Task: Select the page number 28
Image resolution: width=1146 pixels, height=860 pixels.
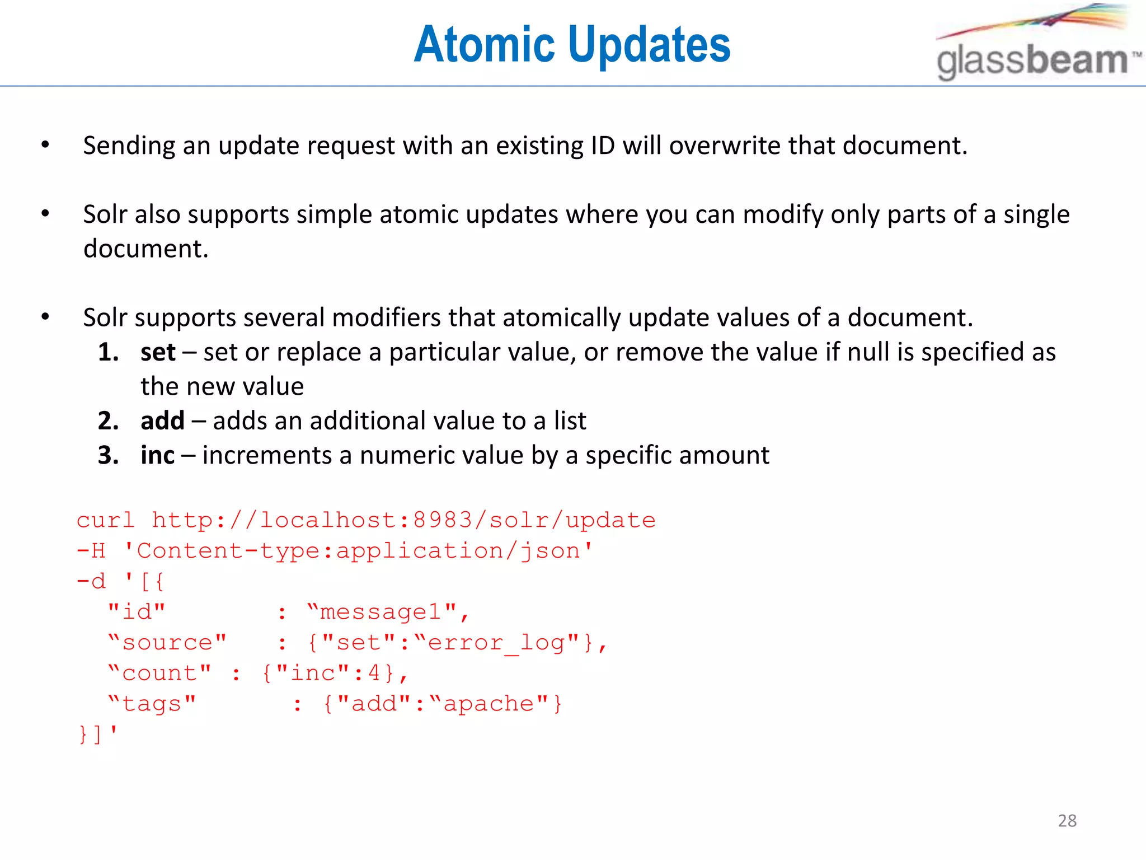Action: click(x=1067, y=821)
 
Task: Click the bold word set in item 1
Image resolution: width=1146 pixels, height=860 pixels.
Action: click(x=158, y=353)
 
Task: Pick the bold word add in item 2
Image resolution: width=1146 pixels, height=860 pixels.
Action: click(x=162, y=421)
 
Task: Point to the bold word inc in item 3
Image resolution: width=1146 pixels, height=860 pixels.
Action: click(x=157, y=456)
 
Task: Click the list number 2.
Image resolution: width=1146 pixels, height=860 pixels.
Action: click(x=108, y=421)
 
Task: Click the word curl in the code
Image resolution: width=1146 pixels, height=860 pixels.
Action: click(x=106, y=521)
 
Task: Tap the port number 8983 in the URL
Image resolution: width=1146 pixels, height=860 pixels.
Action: click(x=443, y=521)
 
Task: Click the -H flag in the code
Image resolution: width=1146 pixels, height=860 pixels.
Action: click(x=91, y=551)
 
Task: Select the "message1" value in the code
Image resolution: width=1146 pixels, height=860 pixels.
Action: click(x=387, y=613)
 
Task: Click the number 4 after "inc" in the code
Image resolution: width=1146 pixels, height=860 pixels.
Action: click(x=374, y=673)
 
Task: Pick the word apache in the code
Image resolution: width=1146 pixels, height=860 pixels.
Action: click(x=489, y=704)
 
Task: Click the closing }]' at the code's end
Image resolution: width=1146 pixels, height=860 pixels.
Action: click(x=98, y=733)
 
